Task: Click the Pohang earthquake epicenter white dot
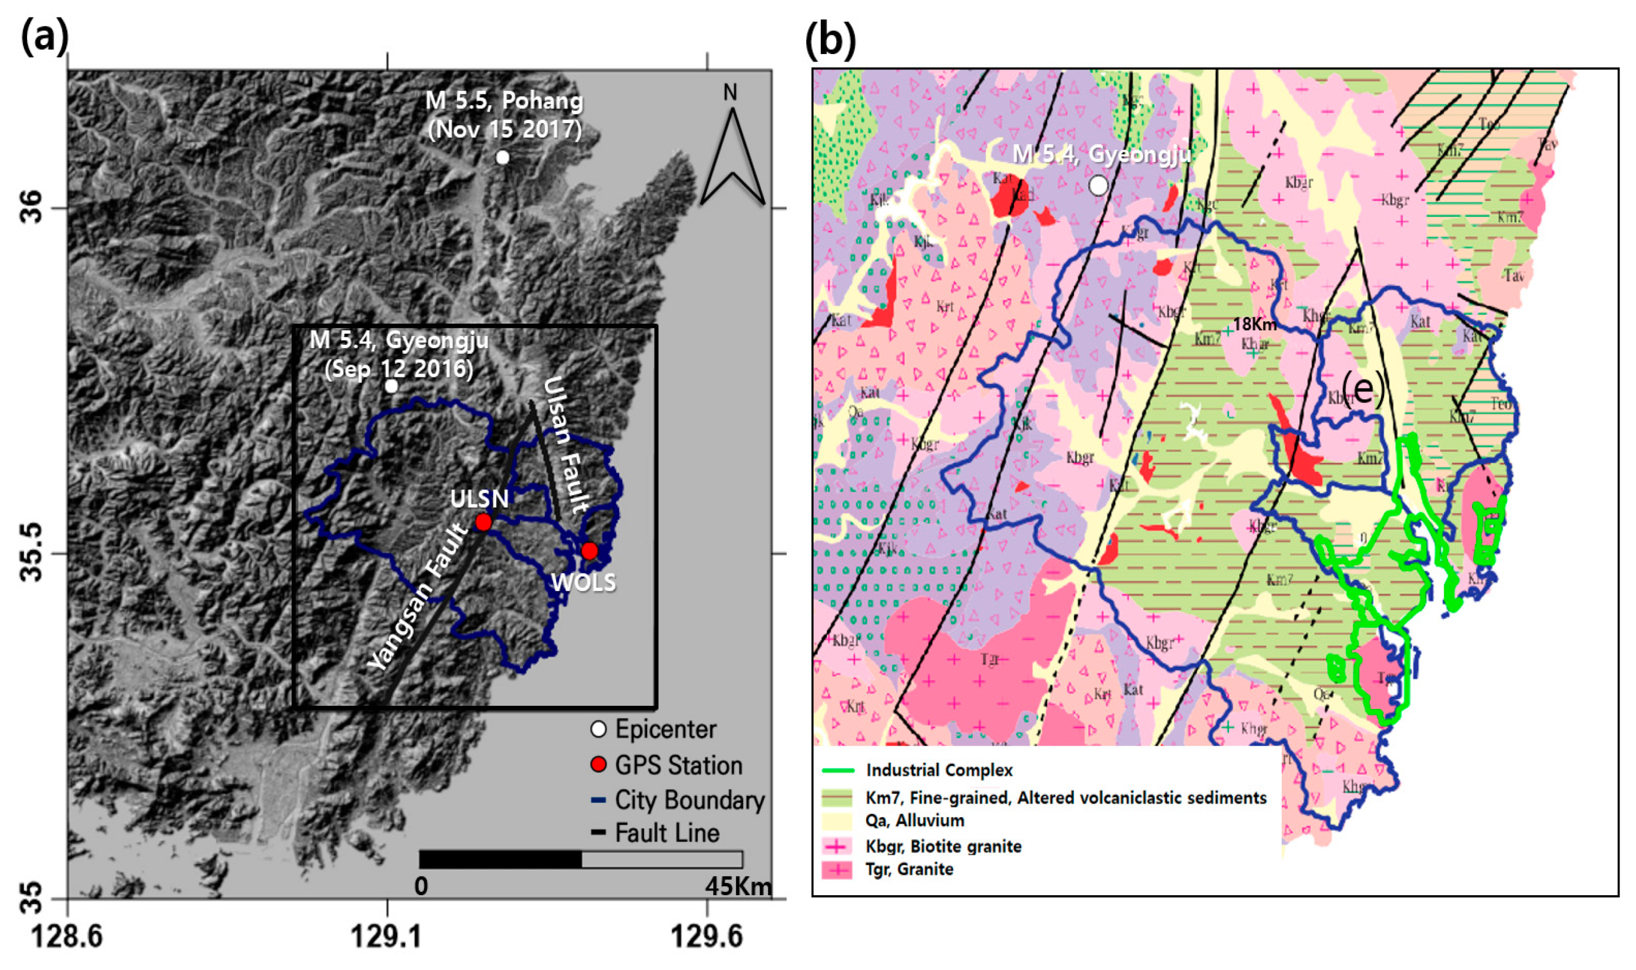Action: point(502,158)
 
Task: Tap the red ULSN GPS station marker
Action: point(483,522)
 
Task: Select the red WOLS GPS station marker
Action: point(590,551)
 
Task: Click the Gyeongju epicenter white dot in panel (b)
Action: point(1099,186)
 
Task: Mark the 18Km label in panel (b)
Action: point(1254,324)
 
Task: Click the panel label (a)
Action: point(45,38)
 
